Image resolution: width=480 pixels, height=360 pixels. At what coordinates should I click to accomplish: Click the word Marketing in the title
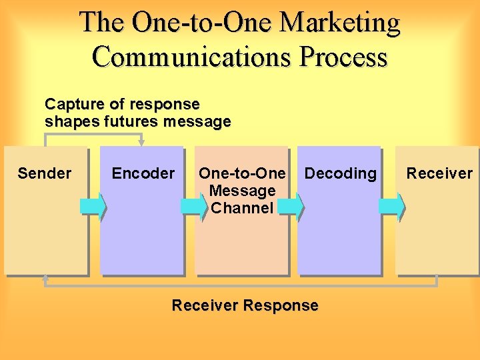coord(340,23)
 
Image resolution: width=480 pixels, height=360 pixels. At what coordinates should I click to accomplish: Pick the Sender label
coord(44,174)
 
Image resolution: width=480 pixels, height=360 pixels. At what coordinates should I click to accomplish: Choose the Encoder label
coord(143,174)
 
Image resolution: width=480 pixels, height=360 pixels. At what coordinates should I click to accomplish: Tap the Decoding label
coord(340,174)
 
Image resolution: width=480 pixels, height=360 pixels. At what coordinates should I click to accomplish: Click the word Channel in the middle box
coord(242,208)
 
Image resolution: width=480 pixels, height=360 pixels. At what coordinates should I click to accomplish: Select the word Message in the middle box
coord(242,191)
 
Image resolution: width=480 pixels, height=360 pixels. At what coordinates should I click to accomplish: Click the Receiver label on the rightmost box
coord(439,174)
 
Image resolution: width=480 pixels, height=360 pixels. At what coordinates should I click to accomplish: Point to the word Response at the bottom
coord(281,306)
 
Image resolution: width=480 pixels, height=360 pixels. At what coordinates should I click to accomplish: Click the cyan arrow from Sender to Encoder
coord(93,206)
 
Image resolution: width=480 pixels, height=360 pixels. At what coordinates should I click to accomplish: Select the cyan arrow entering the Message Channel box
coord(194,206)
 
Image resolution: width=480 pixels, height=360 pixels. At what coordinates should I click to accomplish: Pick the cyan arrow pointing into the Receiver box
coord(391,206)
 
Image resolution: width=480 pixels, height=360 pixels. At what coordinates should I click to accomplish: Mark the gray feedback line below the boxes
coord(240,285)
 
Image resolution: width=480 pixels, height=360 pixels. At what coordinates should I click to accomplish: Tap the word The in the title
coord(103,23)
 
